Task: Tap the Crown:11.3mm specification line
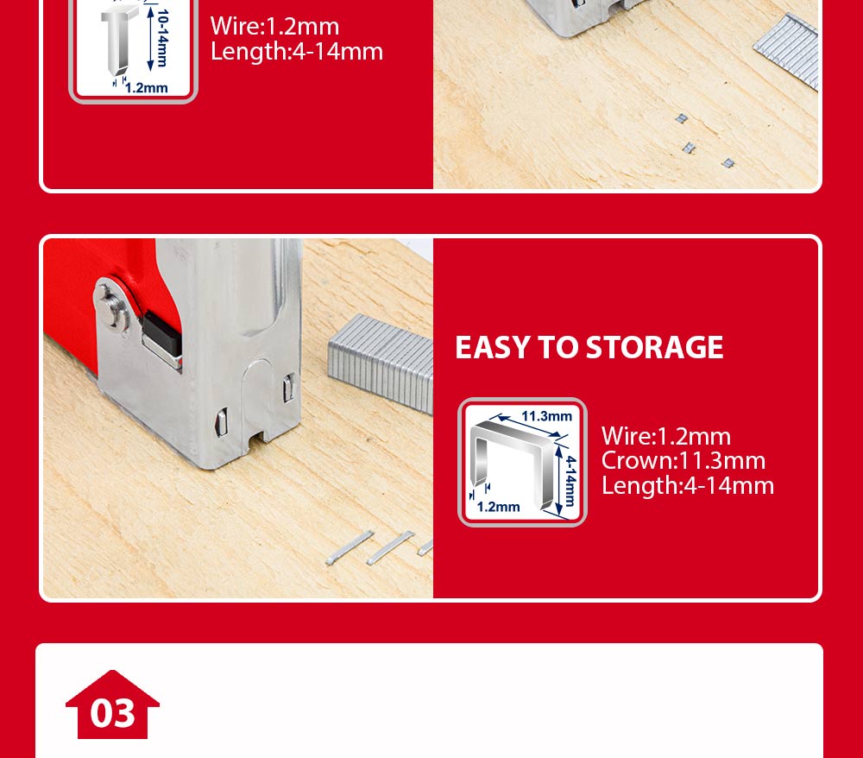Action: pos(683,460)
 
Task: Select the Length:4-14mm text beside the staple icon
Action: pos(687,485)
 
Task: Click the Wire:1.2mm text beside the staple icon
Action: pos(665,436)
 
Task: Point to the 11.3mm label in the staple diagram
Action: pos(546,416)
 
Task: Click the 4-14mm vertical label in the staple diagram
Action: pos(569,481)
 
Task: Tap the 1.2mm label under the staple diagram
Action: pos(498,507)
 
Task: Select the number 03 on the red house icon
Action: pos(113,713)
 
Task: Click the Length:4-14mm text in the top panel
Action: pos(296,51)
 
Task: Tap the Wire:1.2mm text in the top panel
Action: pos(274,26)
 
